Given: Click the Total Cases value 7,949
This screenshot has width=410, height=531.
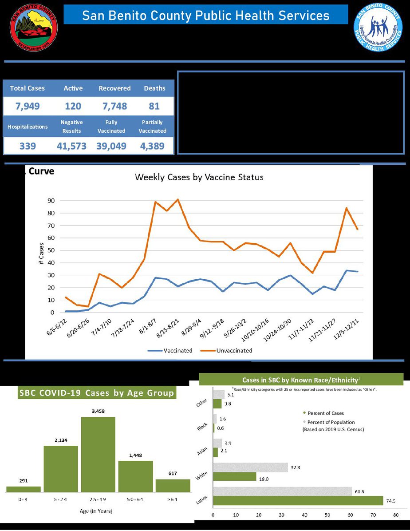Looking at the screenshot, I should tap(28, 106).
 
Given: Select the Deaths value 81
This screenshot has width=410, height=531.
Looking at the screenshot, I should tap(154, 106).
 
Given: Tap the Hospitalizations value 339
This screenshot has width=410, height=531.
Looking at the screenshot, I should tap(28, 146).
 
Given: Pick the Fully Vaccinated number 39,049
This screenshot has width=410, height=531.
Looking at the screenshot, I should tap(111, 146).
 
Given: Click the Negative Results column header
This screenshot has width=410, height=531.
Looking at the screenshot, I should tap(72, 127).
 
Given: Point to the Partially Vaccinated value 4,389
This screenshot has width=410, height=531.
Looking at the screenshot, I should tap(153, 146).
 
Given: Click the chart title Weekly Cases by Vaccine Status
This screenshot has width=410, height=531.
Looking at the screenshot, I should tap(199, 177).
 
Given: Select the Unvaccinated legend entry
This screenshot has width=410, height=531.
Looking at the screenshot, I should tap(234, 350).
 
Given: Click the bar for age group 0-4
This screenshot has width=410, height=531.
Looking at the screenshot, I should tap(24, 489).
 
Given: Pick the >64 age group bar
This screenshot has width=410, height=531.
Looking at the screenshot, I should tap(173, 485).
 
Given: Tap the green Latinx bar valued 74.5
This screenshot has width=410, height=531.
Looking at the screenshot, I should tap(298, 500).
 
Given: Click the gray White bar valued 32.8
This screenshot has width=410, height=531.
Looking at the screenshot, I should tap(250, 467).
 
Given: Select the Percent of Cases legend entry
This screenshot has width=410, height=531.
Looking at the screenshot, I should tap(325, 413).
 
